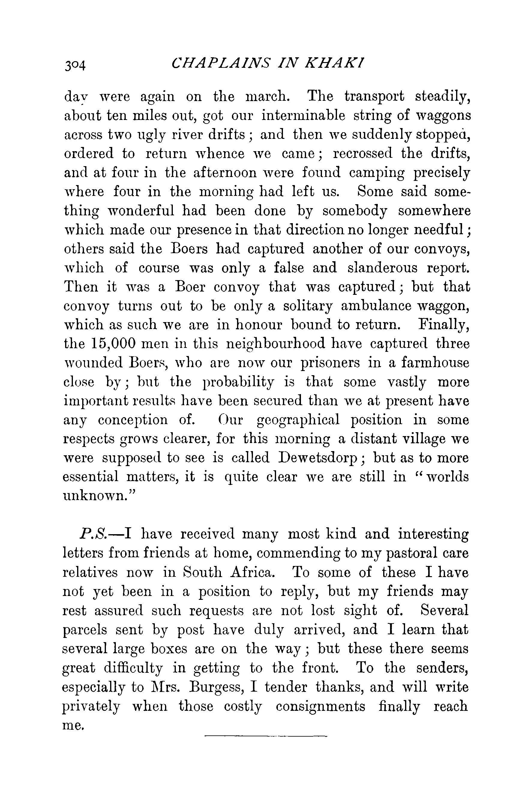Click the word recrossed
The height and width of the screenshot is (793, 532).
coord(362,154)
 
